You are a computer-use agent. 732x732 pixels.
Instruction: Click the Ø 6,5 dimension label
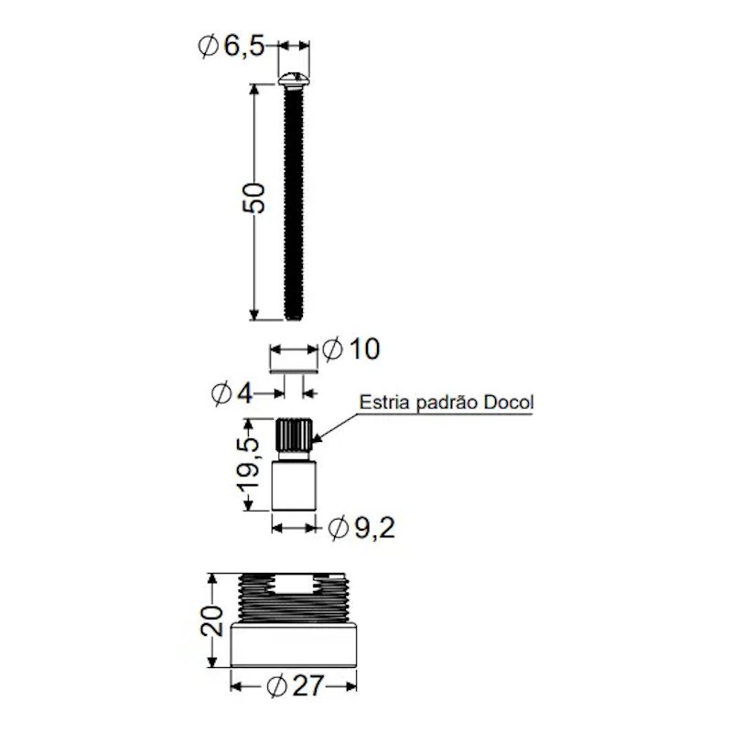(x=231, y=46)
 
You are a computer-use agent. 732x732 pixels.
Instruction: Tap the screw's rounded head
(x=294, y=79)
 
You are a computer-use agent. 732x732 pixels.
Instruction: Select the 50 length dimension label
(x=254, y=199)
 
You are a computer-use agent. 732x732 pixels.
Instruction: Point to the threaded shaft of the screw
(x=294, y=203)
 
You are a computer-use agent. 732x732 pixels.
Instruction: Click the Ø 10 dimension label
(x=351, y=349)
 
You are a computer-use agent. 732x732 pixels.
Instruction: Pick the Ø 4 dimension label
(x=232, y=393)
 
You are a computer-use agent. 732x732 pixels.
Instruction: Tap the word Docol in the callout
(x=509, y=402)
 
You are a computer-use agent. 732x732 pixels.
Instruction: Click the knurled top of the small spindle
(x=294, y=435)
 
